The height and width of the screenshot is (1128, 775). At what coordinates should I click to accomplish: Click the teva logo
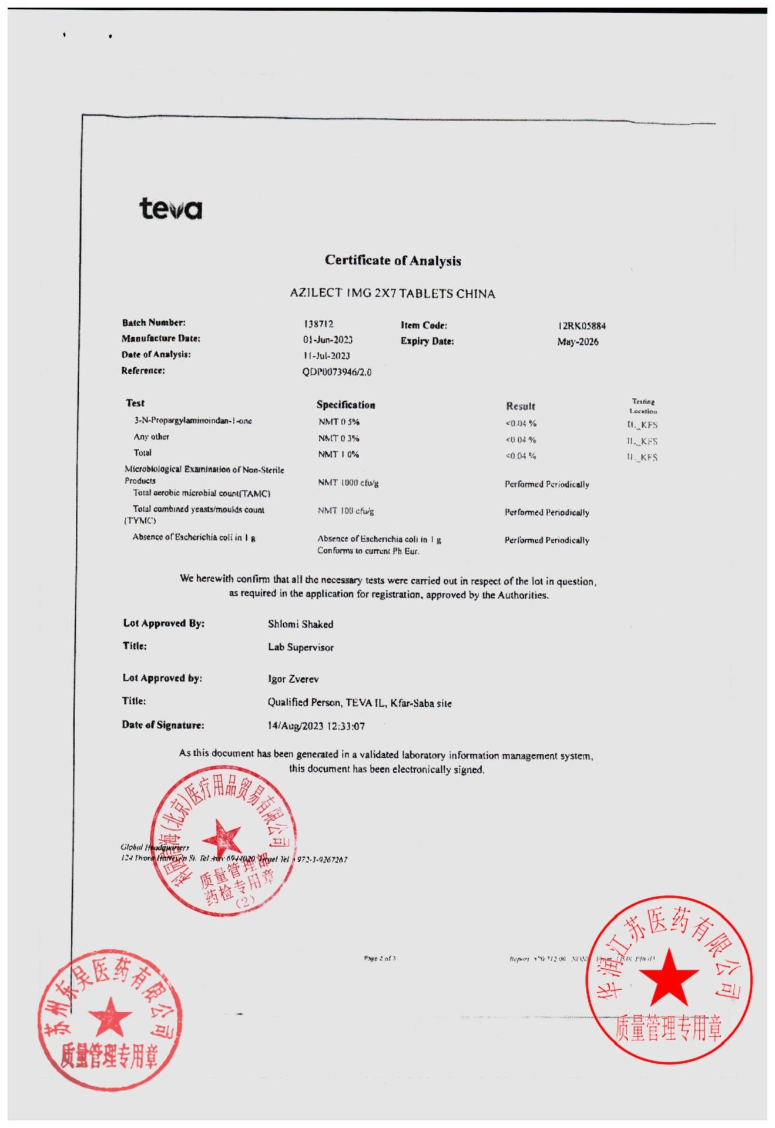pyautogui.click(x=170, y=209)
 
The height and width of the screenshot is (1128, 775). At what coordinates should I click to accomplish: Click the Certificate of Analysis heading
pyautogui.click(x=392, y=260)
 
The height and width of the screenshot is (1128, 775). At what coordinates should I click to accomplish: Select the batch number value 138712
pyautogui.click(x=318, y=324)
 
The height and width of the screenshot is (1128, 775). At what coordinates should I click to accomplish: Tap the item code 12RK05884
pyautogui.click(x=582, y=326)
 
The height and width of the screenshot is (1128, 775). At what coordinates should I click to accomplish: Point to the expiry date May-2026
pyautogui.click(x=578, y=342)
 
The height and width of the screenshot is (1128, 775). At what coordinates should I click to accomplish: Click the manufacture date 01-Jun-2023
pyautogui.click(x=328, y=340)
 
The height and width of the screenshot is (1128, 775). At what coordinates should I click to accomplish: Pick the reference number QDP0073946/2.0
pyautogui.click(x=337, y=372)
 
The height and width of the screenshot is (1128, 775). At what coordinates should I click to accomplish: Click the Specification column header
pyautogui.click(x=345, y=405)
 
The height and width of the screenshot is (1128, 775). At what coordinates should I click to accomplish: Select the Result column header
pyautogui.click(x=521, y=406)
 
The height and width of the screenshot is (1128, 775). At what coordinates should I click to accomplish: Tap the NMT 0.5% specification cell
pyautogui.click(x=339, y=422)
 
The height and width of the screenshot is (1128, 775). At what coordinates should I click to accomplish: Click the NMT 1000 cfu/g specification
pyautogui.click(x=348, y=483)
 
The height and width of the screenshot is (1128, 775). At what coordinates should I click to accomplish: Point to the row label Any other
pyautogui.click(x=151, y=437)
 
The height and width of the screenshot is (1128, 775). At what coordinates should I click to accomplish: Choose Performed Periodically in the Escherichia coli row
pyautogui.click(x=546, y=540)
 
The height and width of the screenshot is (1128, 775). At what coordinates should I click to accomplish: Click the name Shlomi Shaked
pyautogui.click(x=300, y=624)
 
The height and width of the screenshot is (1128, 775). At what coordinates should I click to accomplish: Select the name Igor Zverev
pyautogui.click(x=293, y=679)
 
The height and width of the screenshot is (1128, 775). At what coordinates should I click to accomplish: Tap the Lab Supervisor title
pyautogui.click(x=300, y=647)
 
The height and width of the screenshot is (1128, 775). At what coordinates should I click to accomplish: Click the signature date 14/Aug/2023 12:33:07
pyautogui.click(x=316, y=726)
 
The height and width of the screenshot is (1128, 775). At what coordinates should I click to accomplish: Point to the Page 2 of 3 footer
pyautogui.click(x=380, y=958)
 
